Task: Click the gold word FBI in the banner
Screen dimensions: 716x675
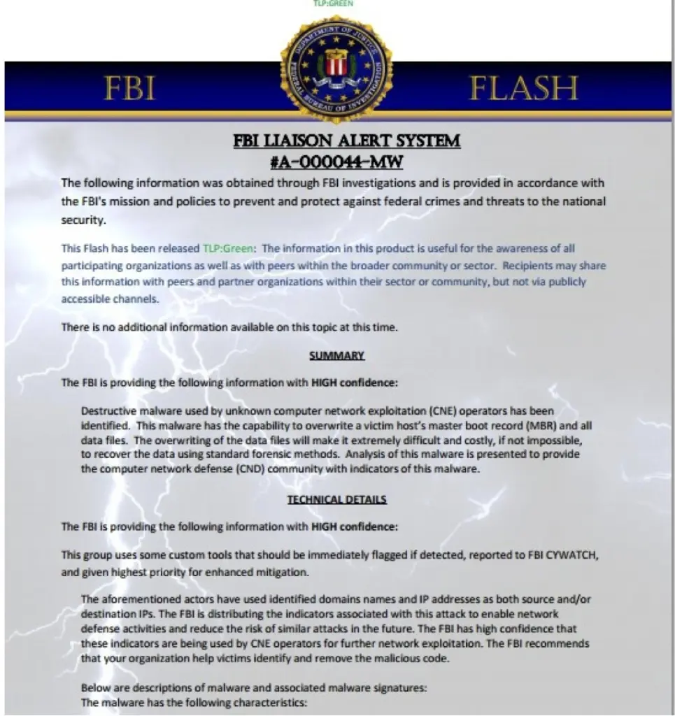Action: [x=129, y=89]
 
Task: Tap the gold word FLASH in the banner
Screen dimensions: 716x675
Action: [x=523, y=89]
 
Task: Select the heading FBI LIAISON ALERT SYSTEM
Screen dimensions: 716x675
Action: [x=346, y=141]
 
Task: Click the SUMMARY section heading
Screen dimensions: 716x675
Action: [x=336, y=356]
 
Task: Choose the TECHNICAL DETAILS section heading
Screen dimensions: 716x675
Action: [x=336, y=499]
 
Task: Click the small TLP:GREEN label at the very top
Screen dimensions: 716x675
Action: [x=333, y=3]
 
